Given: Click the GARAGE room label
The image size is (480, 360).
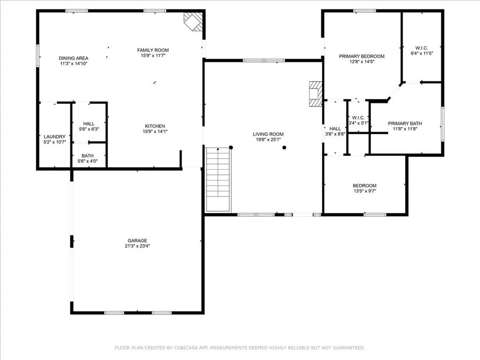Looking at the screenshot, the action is click(137, 240).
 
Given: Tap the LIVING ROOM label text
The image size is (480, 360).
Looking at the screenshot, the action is click(268, 134).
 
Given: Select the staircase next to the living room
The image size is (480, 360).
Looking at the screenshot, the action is click(218, 180).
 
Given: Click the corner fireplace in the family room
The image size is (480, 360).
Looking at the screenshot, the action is click(193, 22).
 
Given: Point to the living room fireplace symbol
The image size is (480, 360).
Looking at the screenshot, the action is click(315, 94).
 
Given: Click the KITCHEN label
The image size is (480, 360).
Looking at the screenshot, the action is click(155, 126).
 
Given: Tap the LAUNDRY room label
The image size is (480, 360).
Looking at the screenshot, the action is click(55, 136).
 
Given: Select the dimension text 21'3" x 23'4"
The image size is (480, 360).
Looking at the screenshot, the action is click(137, 246).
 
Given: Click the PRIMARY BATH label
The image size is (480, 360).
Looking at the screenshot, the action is click(405, 123).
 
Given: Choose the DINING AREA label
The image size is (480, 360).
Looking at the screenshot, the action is click(74, 58).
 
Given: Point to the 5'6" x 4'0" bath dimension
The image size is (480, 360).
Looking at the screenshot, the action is click(88, 161).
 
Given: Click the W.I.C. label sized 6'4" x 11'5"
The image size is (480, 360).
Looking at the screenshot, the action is click(422, 48).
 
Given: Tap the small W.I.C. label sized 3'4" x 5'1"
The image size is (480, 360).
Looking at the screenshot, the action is click(358, 118).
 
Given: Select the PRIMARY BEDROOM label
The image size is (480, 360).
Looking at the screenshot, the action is click(362, 56).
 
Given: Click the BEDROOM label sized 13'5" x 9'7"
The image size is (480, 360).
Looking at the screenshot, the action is click(365, 186).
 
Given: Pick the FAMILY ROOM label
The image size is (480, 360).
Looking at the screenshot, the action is click(153, 50).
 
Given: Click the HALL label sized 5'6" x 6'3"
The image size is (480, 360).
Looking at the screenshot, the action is click(89, 124).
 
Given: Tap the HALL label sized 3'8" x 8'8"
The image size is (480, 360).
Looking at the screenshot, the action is click(335, 128).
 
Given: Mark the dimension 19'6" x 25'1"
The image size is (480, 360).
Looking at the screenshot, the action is click(269, 140).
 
